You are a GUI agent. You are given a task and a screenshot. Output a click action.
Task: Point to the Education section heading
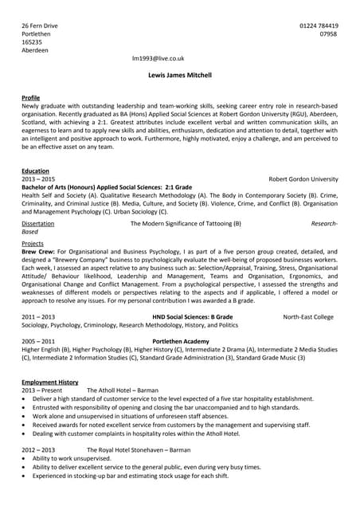click(35, 171)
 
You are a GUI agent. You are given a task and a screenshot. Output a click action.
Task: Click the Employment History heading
click(50, 382)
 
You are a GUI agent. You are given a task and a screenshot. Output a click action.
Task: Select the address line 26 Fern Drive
click(40, 26)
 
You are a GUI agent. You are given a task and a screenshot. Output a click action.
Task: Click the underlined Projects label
click(33, 243)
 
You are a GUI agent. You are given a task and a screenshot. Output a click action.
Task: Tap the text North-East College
click(308, 317)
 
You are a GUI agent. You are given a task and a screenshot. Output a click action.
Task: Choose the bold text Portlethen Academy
click(180, 340)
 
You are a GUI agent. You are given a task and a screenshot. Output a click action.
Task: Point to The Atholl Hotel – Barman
click(123, 390)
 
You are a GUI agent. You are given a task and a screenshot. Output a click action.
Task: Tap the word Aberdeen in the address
click(35, 50)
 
